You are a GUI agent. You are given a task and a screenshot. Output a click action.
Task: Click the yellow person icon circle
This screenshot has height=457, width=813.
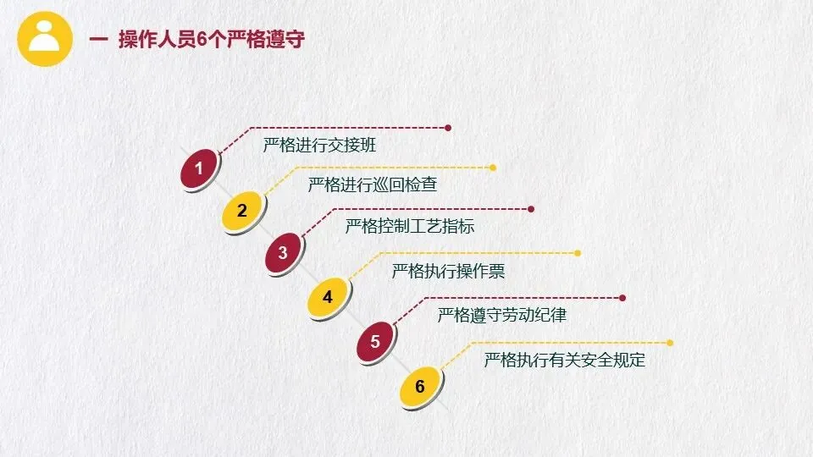tap(44, 39)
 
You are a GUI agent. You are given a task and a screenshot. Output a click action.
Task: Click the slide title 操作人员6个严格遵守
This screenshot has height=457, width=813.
tap(211, 40)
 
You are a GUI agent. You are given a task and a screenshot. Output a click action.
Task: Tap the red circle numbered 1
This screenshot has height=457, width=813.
tap(199, 169)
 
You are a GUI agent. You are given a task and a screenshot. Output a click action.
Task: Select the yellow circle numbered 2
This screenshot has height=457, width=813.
tap(242, 211)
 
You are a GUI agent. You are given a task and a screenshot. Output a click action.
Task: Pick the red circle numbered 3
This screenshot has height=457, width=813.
tap(284, 253)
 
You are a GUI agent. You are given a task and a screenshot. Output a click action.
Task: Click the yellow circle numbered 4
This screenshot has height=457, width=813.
tap(328, 297)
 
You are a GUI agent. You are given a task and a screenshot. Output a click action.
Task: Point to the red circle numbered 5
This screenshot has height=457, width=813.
tap(375, 343)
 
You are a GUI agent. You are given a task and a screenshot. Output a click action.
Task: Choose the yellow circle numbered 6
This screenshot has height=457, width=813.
tap(419, 388)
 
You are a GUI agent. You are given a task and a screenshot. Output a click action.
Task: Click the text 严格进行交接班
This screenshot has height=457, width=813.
tap(319, 145)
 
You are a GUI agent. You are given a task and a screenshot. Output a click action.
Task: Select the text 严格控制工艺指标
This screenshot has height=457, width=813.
tap(409, 226)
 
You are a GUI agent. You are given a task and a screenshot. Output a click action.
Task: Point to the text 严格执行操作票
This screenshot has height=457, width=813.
tap(448, 272)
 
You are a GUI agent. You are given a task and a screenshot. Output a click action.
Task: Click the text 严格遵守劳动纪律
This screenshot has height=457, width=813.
tap(502, 316)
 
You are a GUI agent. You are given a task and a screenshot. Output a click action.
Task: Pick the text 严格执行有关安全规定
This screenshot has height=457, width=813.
tap(565, 361)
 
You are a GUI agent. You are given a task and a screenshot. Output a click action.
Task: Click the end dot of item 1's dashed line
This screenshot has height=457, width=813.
tap(448, 128)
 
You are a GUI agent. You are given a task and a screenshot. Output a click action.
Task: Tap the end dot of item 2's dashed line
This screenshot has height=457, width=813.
tap(493, 168)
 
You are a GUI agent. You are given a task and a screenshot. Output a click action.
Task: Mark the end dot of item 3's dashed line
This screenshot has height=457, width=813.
tap(531, 209)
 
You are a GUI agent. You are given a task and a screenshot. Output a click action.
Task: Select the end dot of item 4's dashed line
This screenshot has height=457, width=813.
tap(578, 253)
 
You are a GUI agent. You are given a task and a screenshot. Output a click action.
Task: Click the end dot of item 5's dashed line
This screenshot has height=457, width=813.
tap(622, 298)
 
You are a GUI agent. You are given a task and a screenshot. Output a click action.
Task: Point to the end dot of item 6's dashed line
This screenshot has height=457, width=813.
tap(670, 343)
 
